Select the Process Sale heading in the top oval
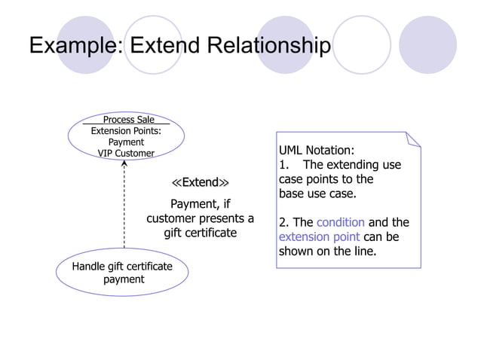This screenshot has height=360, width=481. (x=128, y=120)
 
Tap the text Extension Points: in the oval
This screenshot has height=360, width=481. (x=126, y=131)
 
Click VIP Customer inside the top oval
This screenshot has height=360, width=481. (x=126, y=154)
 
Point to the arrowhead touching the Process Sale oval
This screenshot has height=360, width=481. (x=124, y=166)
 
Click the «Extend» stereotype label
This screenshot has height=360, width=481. (x=200, y=183)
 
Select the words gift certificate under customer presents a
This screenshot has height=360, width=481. (x=201, y=233)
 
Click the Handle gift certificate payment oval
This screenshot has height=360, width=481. (x=122, y=273)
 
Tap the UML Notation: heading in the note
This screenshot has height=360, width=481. (x=316, y=150)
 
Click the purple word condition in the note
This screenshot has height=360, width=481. (x=340, y=222)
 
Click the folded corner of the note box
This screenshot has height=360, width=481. (x=412, y=139)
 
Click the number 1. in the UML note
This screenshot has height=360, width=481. (x=284, y=165)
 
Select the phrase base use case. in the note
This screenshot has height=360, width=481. (x=317, y=194)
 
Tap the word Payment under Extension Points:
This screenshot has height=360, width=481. (x=126, y=142)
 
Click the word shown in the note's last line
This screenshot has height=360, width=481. (x=296, y=251)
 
